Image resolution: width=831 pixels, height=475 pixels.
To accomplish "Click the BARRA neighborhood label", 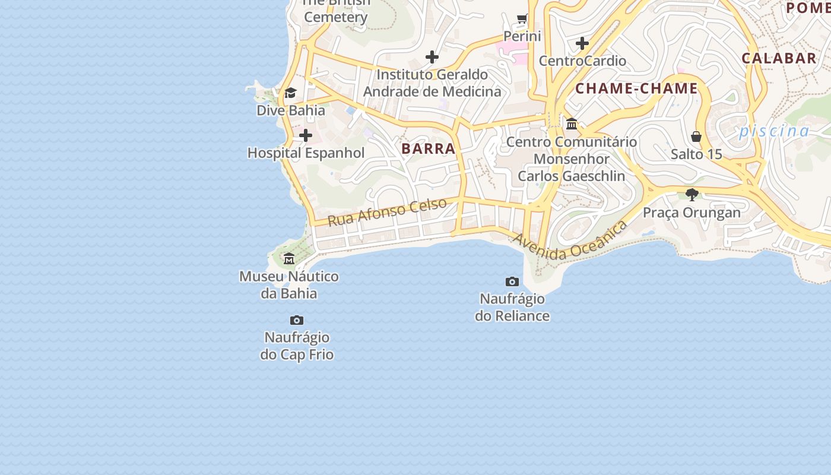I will pos(428,148).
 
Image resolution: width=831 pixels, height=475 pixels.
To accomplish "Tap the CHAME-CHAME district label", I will pos(636,88).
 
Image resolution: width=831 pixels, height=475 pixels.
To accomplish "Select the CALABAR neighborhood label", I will pos(779,58).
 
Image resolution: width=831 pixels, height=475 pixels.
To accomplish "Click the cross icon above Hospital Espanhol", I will pos(306,135).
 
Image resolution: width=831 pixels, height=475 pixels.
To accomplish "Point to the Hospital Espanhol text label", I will pos(306,153).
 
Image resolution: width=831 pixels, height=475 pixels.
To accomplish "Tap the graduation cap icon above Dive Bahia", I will pos(290,93).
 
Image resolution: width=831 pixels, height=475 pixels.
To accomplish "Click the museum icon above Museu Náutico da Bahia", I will pos(289,258).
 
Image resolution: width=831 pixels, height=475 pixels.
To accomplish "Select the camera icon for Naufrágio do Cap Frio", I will pos(297,320).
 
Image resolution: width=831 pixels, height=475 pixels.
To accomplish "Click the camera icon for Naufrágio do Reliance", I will pos(512,281).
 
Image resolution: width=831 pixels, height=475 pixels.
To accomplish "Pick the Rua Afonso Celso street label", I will pos(387,212).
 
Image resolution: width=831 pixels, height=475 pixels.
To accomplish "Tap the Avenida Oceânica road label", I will pos(570,241).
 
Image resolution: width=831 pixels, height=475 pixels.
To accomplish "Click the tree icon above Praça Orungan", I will pos(692,194).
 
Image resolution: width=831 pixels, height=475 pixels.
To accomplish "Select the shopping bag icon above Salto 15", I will pos(696,137).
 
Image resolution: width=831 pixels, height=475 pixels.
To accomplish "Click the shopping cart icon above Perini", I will pos(522,19).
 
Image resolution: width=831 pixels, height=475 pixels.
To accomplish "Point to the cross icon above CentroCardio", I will pos(582,43).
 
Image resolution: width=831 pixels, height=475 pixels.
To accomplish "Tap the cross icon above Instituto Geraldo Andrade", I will pos(432,57).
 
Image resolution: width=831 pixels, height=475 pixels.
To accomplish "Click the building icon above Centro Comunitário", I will pos(572,123).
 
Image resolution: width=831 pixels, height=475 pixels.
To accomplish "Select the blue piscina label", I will pos(774,131).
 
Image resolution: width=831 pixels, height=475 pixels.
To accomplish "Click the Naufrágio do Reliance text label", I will pos(512,307).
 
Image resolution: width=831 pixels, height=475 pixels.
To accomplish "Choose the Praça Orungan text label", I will pos(692,213).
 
